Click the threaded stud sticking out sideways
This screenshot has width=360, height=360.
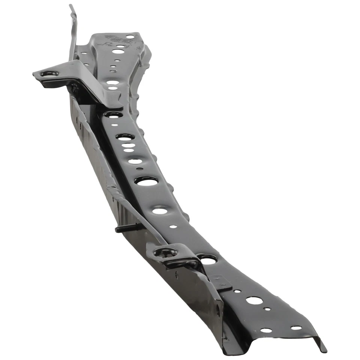pyautogui.click(x=127, y=228)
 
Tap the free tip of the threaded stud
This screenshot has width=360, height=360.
pyautogui.click(x=117, y=229)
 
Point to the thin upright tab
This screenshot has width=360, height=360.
pyautogui.click(x=73, y=30)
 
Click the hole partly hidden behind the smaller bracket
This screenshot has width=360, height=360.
pyautogui.click(x=208, y=259)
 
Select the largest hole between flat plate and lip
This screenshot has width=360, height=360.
pyautogui.click(x=254, y=300)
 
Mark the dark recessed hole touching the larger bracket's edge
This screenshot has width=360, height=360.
pyautogui.click(x=114, y=114)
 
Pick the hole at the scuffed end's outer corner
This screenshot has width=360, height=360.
pyautogui.click(x=130, y=37)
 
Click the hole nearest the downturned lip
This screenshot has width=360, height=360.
pyautogui.click(x=296, y=328)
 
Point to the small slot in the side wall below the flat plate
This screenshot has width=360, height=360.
pyautogui.click(x=218, y=310)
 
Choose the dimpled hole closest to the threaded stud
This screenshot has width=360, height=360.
pyautogui.click(x=160, y=211)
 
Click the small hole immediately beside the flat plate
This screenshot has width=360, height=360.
pyautogui.click(x=237, y=291)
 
